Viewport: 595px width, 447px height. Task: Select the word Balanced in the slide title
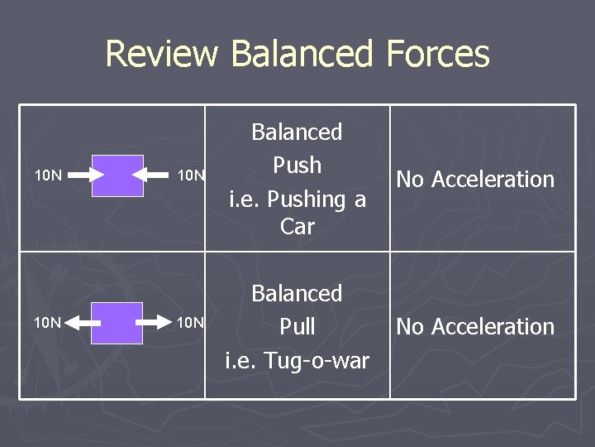tap(302, 55)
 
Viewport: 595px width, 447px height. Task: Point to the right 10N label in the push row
tap(191, 175)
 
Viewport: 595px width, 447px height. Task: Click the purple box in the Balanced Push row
tap(117, 175)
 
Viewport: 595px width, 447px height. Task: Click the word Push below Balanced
tap(297, 166)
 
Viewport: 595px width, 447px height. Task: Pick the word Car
tap(297, 226)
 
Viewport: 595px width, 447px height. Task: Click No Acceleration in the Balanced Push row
tap(475, 180)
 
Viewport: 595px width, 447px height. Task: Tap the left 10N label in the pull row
tap(47, 322)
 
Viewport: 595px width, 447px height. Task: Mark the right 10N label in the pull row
tap(191, 322)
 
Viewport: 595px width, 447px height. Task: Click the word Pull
tap(297, 327)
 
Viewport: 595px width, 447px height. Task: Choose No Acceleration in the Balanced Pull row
tap(475, 327)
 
